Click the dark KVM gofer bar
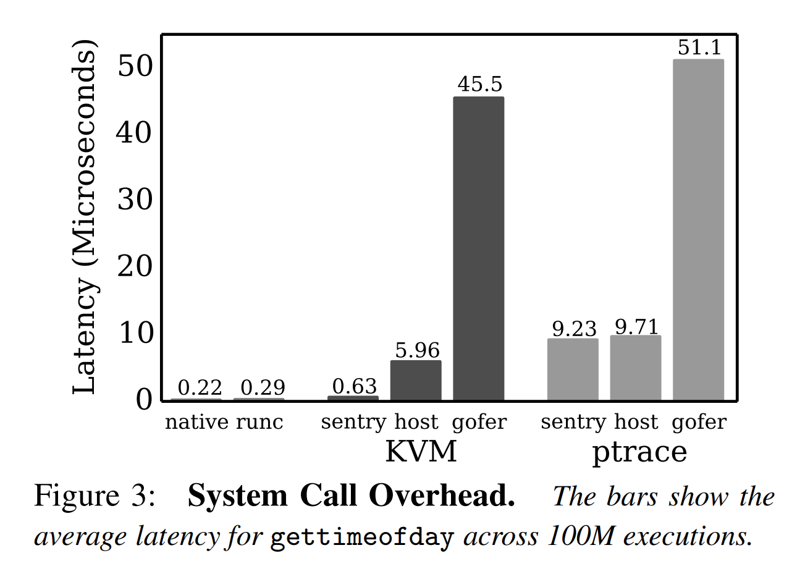(x=478, y=248)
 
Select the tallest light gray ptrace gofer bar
(x=698, y=229)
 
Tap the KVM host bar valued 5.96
(x=416, y=380)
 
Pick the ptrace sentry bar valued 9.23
(x=573, y=369)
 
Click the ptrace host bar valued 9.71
(x=635, y=368)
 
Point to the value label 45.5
(x=479, y=84)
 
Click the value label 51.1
(x=699, y=48)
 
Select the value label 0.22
(x=200, y=388)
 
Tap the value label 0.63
(x=354, y=386)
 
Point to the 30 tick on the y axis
(x=134, y=199)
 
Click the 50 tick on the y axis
(x=134, y=65)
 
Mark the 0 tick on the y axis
(x=143, y=400)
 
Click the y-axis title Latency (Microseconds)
(x=85, y=217)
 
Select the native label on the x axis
(x=196, y=422)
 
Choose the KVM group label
(x=421, y=452)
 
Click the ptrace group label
(x=639, y=452)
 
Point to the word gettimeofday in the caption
(x=361, y=538)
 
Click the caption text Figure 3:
(x=95, y=496)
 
